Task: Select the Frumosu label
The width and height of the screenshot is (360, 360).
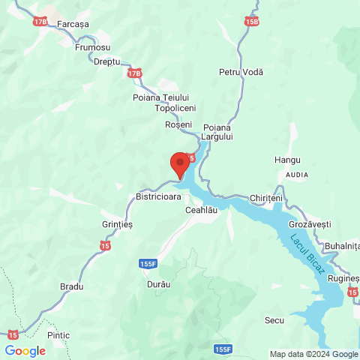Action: [x=92, y=46]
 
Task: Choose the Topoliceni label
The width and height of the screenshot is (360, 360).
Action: [x=175, y=109]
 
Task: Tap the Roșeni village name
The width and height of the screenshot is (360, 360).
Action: [x=178, y=124]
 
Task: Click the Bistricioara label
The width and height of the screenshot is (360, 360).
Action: [x=159, y=196]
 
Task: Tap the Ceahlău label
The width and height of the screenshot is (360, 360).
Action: [x=201, y=211]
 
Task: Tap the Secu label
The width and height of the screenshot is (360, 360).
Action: [x=274, y=320]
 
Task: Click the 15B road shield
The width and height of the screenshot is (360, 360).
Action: [x=251, y=20]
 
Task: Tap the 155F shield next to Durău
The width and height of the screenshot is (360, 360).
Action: [x=148, y=264]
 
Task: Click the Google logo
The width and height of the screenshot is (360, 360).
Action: [x=25, y=350]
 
